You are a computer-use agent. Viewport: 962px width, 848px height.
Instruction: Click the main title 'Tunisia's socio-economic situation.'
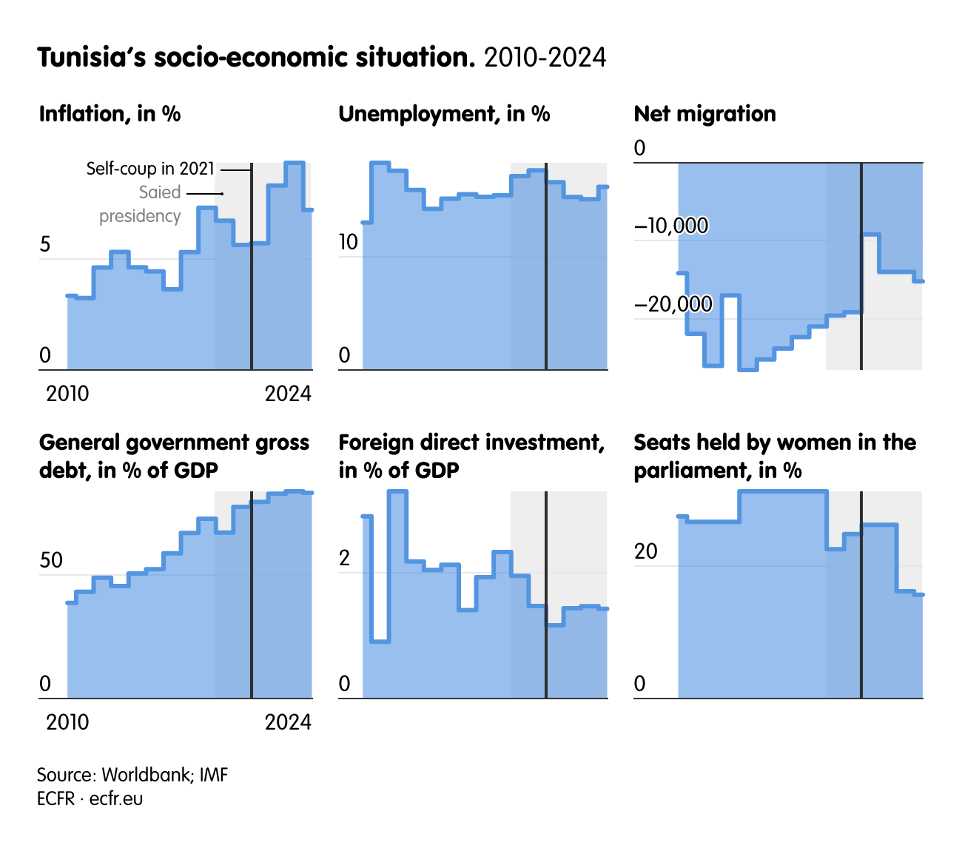pyautogui.click(x=255, y=57)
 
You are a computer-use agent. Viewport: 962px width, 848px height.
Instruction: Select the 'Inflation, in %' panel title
pyautogui.click(x=110, y=114)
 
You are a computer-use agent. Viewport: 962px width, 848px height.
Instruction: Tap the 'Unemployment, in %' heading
pyautogui.click(x=444, y=114)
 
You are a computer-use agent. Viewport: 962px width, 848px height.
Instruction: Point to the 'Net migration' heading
pyautogui.click(x=704, y=114)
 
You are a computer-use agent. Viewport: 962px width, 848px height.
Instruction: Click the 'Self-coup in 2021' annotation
pyautogui.click(x=150, y=169)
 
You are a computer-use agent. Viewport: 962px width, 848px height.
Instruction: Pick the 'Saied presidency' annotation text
pyautogui.click(x=141, y=204)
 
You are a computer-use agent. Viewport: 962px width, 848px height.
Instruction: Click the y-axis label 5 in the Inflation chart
pyautogui.click(x=45, y=244)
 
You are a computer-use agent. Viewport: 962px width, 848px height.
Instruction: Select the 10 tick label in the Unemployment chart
pyautogui.click(x=347, y=242)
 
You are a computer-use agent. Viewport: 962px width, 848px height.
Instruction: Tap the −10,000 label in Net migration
pyautogui.click(x=672, y=226)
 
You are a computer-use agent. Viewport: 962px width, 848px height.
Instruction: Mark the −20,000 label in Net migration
pyautogui.click(x=673, y=304)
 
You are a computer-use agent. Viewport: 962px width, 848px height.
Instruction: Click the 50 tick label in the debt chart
pyautogui.click(x=51, y=560)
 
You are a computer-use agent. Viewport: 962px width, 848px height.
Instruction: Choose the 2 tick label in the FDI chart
pyautogui.click(x=344, y=558)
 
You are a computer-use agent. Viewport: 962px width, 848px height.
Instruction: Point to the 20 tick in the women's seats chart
pyautogui.click(x=645, y=551)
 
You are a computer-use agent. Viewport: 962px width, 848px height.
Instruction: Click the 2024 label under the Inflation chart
pyautogui.click(x=288, y=394)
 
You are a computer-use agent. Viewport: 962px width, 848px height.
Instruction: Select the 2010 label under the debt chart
pyautogui.click(x=67, y=722)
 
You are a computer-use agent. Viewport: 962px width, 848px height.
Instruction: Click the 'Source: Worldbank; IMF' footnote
pyautogui.click(x=132, y=775)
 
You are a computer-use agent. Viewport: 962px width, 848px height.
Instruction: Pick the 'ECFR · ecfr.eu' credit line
pyautogui.click(x=90, y=799)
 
